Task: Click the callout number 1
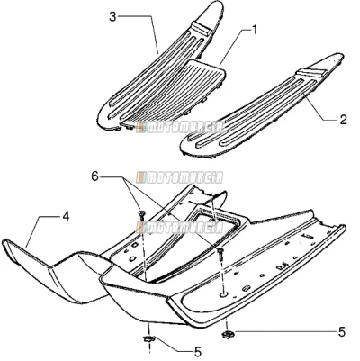click(x=255, y=30)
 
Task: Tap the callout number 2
click(x=343, y=120)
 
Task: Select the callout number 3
click(x=112, y=17)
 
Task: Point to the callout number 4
click(x=66, y=216)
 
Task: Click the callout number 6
click(x=94, y=177)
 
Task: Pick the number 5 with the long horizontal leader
click(x=342, y=332)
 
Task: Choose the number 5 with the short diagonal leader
click(x=198, y=352)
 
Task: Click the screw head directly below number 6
click(x=142, y=214)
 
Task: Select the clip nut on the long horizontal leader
click(x=226, y=333)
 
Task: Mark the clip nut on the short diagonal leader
click(x=148, y=339)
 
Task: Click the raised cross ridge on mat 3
click(x=202, y=28)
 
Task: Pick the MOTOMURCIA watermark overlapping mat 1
click(x=180, y=128)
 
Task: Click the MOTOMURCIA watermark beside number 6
click(x=180, y=177)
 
